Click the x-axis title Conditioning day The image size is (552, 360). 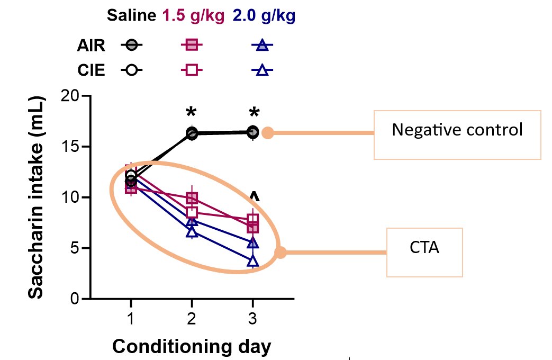[192, 347]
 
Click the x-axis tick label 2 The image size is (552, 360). [192, 320]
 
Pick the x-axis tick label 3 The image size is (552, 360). [252, 320]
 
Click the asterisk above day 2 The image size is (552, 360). [192, 113]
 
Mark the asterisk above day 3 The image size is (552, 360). [254, 113]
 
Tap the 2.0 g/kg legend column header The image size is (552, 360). [264, 15]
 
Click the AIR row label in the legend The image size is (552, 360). [91, 46]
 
